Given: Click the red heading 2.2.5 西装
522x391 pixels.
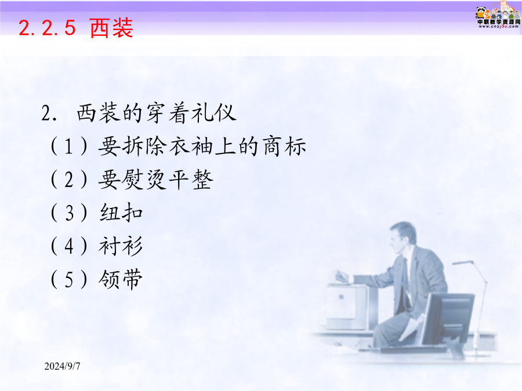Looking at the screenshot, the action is [76, 28].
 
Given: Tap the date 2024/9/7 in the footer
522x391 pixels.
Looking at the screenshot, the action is [62, 366].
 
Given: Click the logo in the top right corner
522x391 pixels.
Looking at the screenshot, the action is [498, 15].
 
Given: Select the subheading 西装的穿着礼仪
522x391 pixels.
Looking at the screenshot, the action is [157, 113].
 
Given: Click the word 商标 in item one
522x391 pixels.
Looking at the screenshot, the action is [284, 147].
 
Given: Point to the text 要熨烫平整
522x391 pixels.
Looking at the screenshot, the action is [155, 180].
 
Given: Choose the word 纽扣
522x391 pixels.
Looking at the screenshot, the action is [121, 213].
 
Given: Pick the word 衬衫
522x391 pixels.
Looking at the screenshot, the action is [121, 246].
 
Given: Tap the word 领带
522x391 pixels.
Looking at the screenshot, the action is [121, 279].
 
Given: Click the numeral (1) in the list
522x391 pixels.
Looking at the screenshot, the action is [69, 147].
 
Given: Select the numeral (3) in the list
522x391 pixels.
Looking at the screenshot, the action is [69, 213].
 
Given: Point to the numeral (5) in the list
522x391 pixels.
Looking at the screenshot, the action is [69, 279].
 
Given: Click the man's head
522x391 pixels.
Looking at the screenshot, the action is [403, 237].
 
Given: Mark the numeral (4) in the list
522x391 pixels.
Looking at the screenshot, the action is [69, 246].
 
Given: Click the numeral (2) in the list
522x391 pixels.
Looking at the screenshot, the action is [69, 180].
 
